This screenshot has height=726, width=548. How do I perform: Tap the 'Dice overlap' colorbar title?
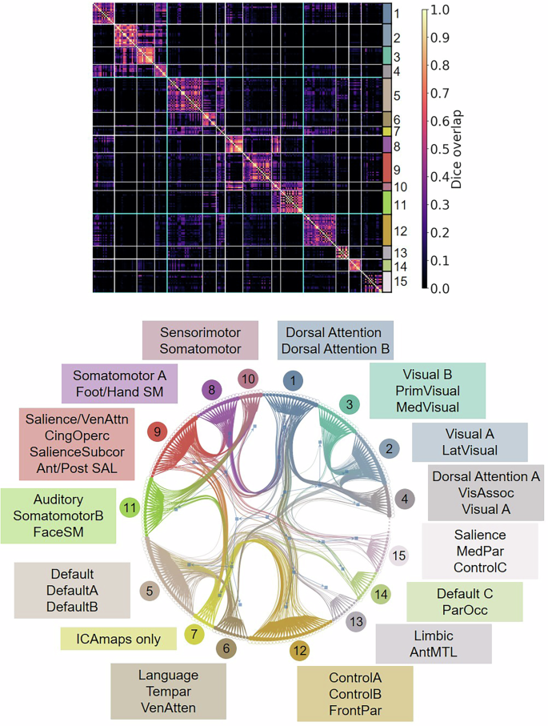point(458,149)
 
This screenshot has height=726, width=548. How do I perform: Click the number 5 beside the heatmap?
point(397,95)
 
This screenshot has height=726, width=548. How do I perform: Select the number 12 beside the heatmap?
point(401,231)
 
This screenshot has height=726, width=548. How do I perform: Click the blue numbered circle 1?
point(295,379)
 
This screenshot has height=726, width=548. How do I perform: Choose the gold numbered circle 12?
point(299,651)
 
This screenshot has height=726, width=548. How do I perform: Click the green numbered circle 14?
point(381,594)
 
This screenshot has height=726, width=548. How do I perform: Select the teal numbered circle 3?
point(349,404)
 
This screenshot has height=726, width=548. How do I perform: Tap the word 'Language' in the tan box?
point(168,676)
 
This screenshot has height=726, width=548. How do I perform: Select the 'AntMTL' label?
point(433,651)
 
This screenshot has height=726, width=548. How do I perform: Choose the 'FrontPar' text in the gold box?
point(355,709)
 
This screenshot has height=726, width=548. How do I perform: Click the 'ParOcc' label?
point(464,611)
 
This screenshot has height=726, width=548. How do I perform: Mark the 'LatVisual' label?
point(470,451)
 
